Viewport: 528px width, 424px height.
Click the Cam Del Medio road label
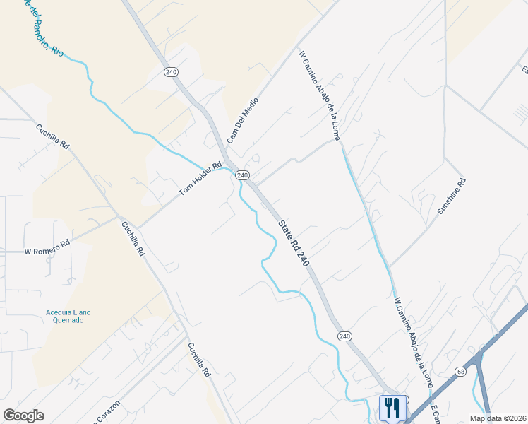pyautogui.click(x=243, y=120)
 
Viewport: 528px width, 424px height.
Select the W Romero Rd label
pyautogui.click(x=47, y=247)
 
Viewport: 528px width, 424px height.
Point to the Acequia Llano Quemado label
pyautogui.click(x=69, y=316)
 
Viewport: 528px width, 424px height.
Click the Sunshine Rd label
pyautogui.click(x=452, y=196)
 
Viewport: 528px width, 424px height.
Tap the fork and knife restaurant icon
pyautogui.click(x=392, y=408)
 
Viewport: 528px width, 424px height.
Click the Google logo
pyautogui.click(x=24, y=416)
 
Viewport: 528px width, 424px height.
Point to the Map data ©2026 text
pyautogui.click(x=497, y=418)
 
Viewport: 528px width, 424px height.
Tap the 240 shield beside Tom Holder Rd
pyautogui.click(x=242, y=175)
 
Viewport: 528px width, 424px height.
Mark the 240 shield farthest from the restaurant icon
pyautogui.click(x=170, y=72)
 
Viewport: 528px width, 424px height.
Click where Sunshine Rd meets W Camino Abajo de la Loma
pyautogui.click(x=390, y=266)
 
